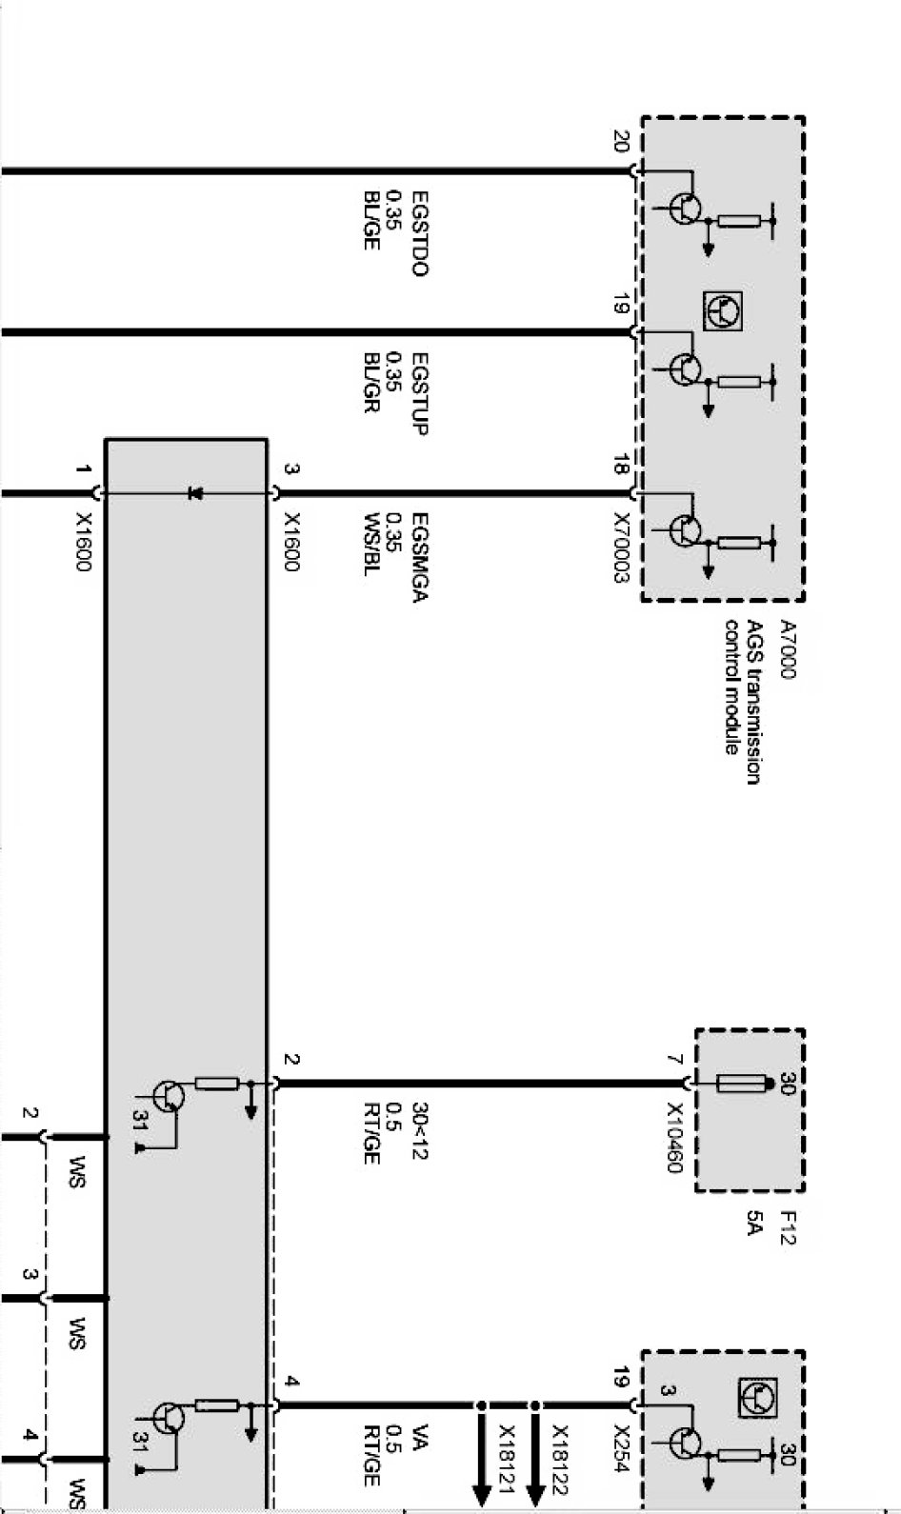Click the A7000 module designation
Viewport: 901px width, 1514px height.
point(788,649)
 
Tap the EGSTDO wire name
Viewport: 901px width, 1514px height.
point(419,234)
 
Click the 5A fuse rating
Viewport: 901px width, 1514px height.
point(754,1224)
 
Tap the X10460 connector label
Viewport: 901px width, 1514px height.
point(675,1138)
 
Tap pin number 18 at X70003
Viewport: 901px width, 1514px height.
point(620,466)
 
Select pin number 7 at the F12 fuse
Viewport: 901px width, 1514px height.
point(674,1060)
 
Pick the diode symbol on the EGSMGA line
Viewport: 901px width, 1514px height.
point(196,493)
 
